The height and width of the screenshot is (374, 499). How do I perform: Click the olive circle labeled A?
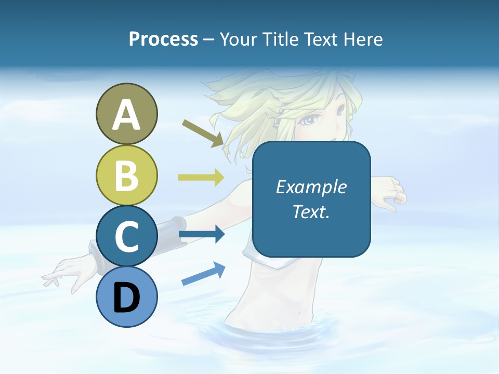tap(126, 114)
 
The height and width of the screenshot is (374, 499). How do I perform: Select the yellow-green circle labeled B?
tap(126, 175)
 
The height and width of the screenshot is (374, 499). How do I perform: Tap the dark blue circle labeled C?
tap(126, 236)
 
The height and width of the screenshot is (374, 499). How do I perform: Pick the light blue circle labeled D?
tap(126, 297)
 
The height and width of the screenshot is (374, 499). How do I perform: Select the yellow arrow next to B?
tap(201, 178)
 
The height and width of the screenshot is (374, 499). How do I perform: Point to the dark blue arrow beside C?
tap(201, 235)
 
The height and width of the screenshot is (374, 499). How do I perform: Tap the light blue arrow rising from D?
tap(203, 274)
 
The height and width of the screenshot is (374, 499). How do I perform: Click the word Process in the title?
tap(163, 39)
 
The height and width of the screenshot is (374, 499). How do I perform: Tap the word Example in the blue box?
tap(311, 187)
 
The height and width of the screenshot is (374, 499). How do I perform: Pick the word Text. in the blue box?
tap(311, 211)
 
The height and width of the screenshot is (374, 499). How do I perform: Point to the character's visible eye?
tap(310, 120)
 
